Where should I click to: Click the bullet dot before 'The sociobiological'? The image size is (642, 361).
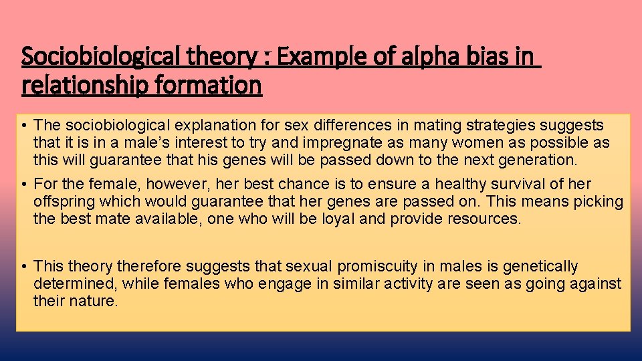click(23, 126)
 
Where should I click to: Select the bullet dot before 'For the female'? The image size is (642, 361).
click(23, 185)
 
